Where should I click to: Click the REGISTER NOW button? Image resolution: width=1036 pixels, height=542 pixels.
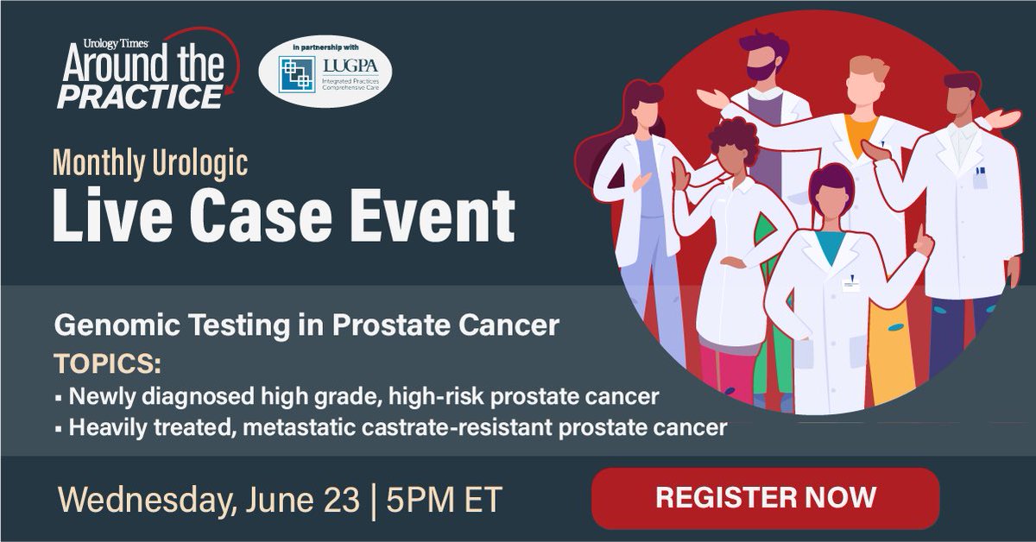tap(765, 497)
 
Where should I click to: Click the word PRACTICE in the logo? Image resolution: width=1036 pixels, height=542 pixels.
tap(138, 97)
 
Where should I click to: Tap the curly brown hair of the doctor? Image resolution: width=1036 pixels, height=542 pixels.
tap(730, 138)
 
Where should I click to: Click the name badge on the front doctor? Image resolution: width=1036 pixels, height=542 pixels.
tap(850, 283)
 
